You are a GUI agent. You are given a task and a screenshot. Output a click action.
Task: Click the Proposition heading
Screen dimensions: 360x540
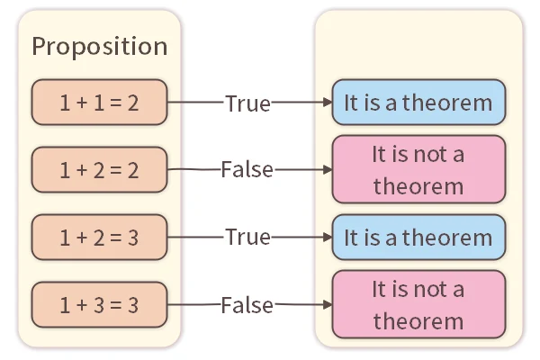99,47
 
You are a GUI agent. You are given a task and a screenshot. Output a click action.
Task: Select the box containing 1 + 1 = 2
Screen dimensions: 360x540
99,103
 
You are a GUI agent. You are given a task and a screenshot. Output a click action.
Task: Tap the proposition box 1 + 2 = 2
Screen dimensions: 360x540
99,169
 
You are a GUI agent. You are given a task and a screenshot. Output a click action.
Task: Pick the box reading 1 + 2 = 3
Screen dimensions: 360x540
99,238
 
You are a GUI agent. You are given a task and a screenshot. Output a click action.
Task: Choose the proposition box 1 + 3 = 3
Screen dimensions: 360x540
99,305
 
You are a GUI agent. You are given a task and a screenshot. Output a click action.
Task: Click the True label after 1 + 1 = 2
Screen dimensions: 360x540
247,103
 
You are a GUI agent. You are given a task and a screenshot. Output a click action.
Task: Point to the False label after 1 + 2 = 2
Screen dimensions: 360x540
247,169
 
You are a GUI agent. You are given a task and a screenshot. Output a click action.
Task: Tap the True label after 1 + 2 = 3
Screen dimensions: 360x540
247,238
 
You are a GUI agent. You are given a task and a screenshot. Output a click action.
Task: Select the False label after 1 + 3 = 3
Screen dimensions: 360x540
247,305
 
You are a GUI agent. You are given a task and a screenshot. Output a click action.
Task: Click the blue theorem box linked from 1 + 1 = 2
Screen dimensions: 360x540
418,103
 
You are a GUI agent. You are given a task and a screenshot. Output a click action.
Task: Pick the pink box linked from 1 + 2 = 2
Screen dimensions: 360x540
418,169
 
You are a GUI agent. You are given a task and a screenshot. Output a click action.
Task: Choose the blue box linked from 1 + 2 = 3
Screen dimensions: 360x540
418,238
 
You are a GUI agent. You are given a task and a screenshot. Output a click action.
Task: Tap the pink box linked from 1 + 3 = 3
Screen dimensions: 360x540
418,305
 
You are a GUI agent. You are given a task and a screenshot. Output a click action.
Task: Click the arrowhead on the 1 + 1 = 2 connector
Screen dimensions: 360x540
326,103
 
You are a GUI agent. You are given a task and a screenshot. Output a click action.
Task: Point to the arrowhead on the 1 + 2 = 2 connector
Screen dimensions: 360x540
326,169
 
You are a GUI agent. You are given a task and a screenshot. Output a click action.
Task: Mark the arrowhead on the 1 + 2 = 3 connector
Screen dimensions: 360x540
326,238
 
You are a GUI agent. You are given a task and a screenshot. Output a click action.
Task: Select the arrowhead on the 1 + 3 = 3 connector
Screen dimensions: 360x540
326,305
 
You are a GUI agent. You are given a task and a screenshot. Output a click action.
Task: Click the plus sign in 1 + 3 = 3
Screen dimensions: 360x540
81,305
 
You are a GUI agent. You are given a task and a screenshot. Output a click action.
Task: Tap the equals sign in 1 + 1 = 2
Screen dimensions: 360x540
116,103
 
